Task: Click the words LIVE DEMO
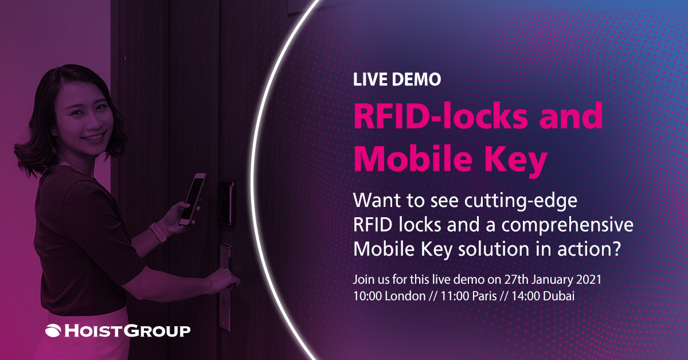(397, 80)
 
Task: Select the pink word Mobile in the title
(413, 158)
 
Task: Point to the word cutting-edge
(521, 201)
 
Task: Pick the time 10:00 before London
(368, 296)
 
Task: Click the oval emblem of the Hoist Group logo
(53, 331)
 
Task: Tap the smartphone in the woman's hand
(192, 199)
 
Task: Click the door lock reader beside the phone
(226, 203)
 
